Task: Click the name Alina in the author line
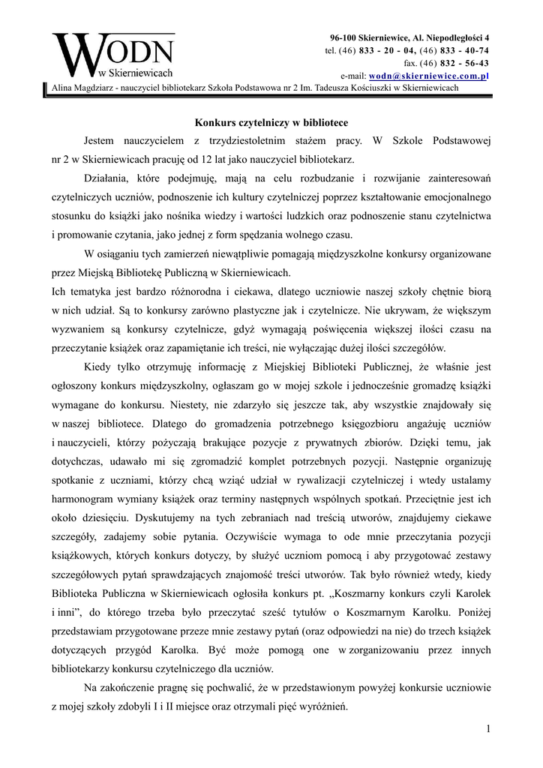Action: (64, 88)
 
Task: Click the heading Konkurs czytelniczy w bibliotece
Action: (271, 121)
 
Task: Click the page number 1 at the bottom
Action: (487, 729)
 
